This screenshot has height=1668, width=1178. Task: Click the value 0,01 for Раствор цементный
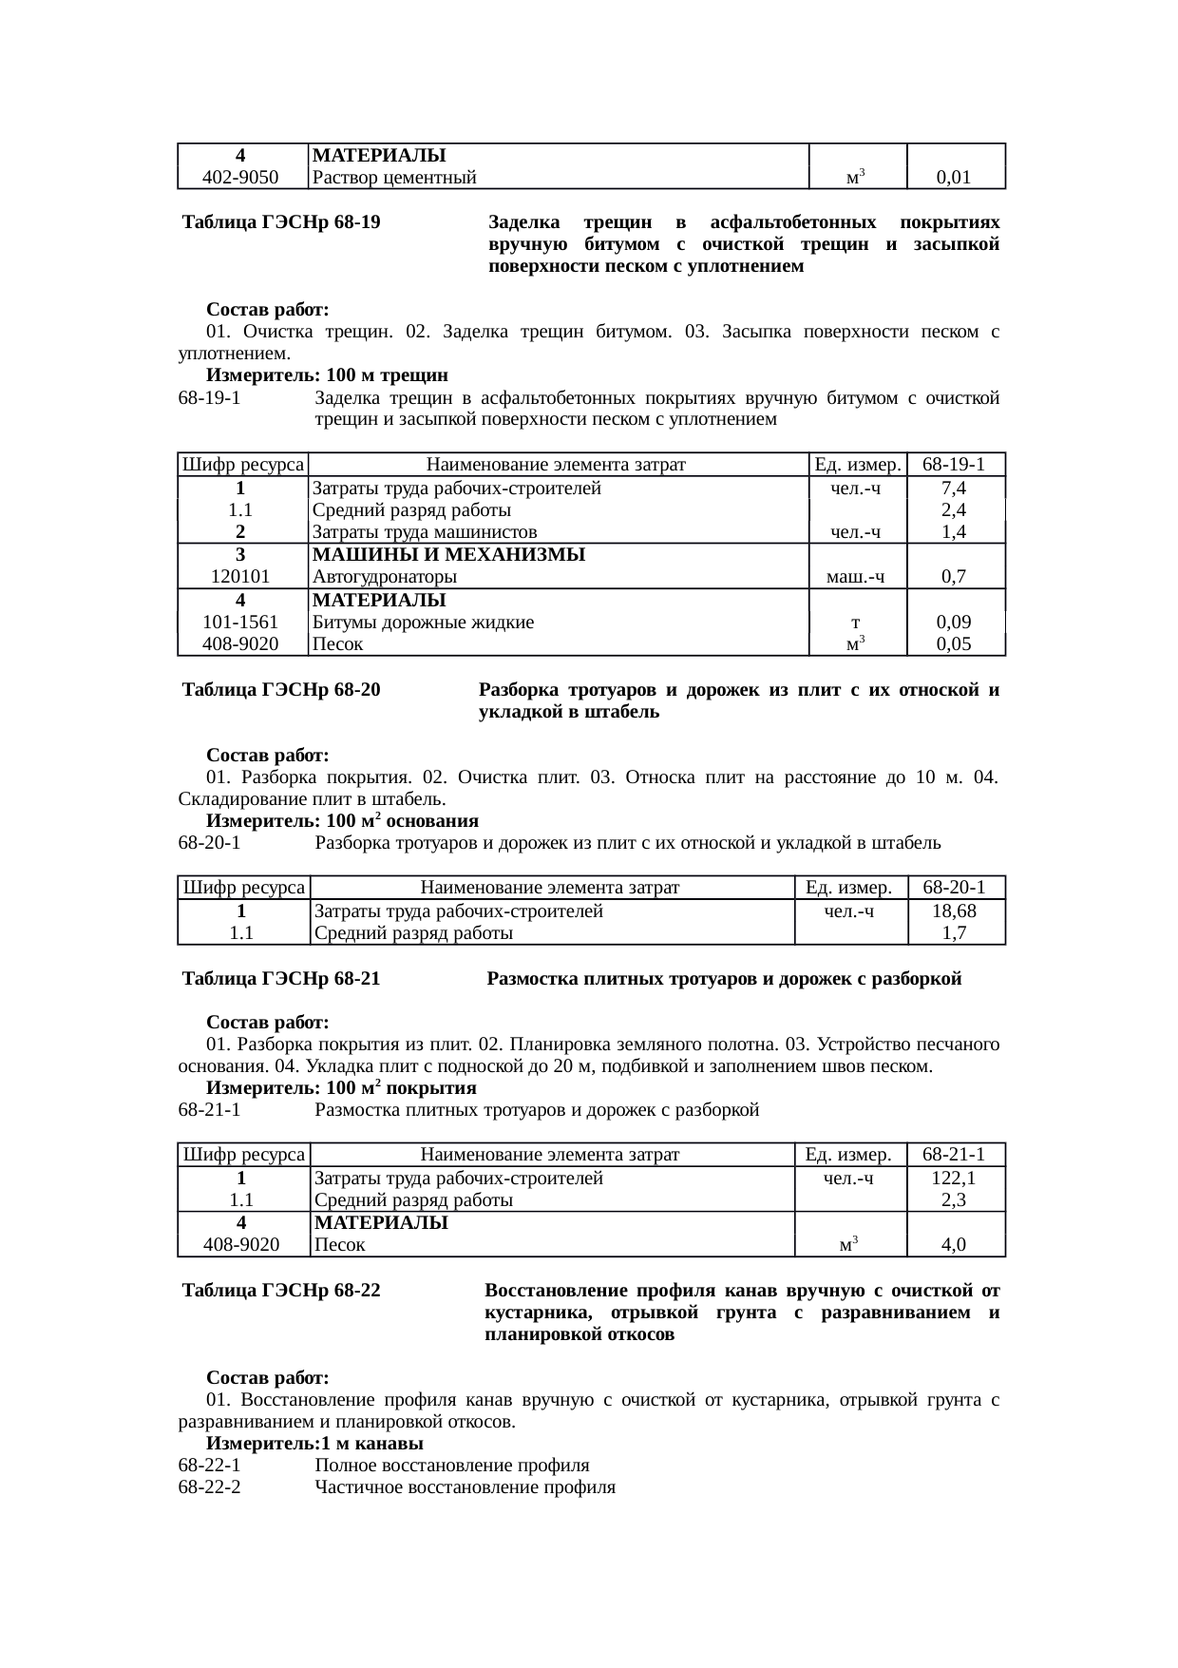point(953,177)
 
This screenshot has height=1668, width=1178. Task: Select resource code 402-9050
point(241,177)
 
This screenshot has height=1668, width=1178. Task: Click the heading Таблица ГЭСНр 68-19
point(281,223)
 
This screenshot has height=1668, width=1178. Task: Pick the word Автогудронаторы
point(385,577)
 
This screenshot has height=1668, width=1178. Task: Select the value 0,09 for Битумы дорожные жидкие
point(953,623)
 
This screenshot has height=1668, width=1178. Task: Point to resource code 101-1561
point(241,623)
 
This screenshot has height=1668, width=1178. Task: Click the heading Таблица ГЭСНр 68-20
point(281,690)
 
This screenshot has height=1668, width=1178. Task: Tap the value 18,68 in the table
point(955,911)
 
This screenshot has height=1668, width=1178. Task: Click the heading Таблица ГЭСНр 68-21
point(281,979)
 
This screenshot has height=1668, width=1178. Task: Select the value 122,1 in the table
point(955,1179)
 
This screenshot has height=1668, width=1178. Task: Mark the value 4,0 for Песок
point(954,1245)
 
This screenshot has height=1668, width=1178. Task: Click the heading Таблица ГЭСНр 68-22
point(281,1292)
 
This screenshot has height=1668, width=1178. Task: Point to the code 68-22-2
point(209,1487)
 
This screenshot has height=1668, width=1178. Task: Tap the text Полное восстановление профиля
point(451,1466)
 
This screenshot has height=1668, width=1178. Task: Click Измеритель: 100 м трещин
point(327,375)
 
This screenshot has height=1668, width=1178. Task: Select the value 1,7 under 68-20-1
point(955,933)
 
